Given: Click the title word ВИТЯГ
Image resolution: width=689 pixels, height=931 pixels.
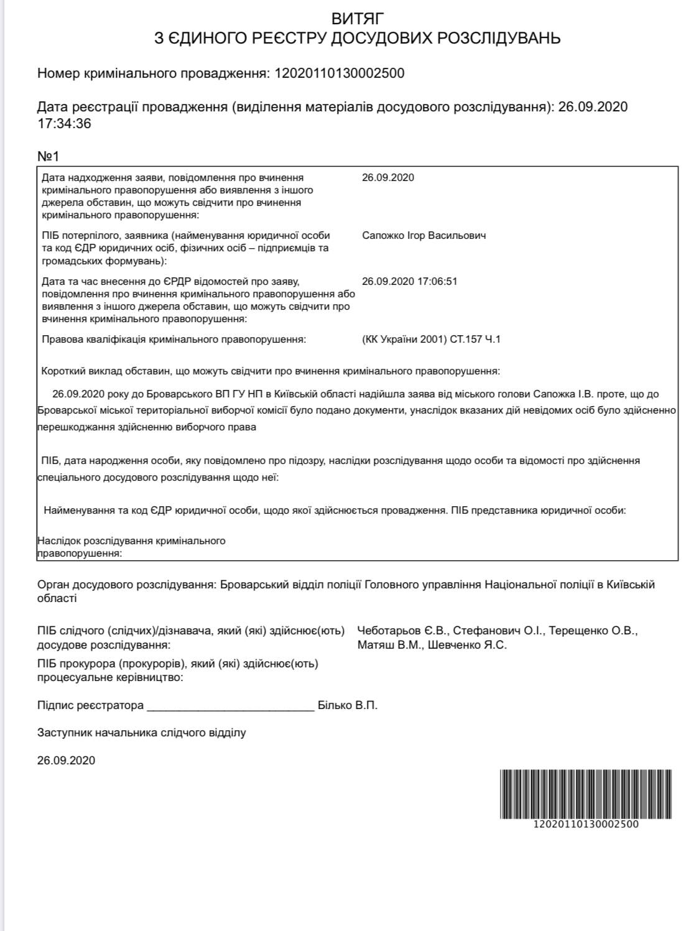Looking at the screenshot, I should tap(358, 18).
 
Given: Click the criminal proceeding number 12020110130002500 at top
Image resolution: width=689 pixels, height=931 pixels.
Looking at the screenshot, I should tap(339, 73).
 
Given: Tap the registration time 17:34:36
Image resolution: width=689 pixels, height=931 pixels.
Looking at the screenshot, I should tap(64, 123).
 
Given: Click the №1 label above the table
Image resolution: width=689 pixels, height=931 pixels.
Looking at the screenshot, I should tap(48, 155).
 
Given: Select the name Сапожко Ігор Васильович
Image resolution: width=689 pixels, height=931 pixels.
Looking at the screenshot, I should tap(423, 235).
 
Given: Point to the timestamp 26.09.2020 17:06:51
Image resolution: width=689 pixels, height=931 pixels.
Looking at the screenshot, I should tap(409, 281).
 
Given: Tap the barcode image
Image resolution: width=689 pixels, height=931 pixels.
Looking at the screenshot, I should tap(585, 794).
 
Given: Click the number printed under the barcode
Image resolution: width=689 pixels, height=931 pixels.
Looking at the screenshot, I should tap(585, 824).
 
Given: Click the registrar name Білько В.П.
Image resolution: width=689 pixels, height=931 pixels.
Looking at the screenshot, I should tap(348, 705).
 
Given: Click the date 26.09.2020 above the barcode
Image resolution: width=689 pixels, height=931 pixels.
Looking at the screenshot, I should tap(66, 760).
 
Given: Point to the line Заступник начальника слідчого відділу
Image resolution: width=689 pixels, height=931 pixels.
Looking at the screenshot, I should tap(141, 733).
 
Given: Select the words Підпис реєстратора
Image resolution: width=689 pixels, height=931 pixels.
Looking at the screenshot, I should tap(90, 705).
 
